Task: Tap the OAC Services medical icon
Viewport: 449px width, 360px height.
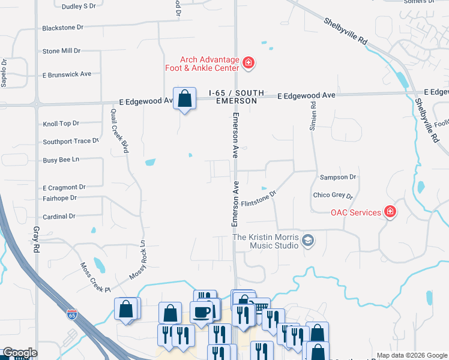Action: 390,212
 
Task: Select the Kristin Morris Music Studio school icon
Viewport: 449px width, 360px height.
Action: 308,241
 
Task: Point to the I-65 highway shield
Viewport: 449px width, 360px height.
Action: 72,314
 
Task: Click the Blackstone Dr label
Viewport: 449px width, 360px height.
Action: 61,28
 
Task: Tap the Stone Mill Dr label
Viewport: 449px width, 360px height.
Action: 61,51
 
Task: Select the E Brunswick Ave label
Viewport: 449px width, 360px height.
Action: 67,74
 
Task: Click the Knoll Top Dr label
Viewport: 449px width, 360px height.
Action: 61,124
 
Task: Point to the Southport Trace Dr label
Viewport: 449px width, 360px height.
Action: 70,142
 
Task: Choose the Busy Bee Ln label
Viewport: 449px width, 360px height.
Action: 61,160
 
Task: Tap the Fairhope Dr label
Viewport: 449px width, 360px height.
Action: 60,198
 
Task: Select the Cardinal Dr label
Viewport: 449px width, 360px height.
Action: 59,216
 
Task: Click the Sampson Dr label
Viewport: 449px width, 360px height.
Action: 339,178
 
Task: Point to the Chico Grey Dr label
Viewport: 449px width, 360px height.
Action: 333,196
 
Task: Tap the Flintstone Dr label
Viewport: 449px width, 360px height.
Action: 258,199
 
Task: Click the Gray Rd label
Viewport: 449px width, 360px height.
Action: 37,238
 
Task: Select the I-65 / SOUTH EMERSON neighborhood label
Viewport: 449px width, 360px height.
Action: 233,97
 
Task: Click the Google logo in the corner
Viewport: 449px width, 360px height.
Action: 19,353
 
